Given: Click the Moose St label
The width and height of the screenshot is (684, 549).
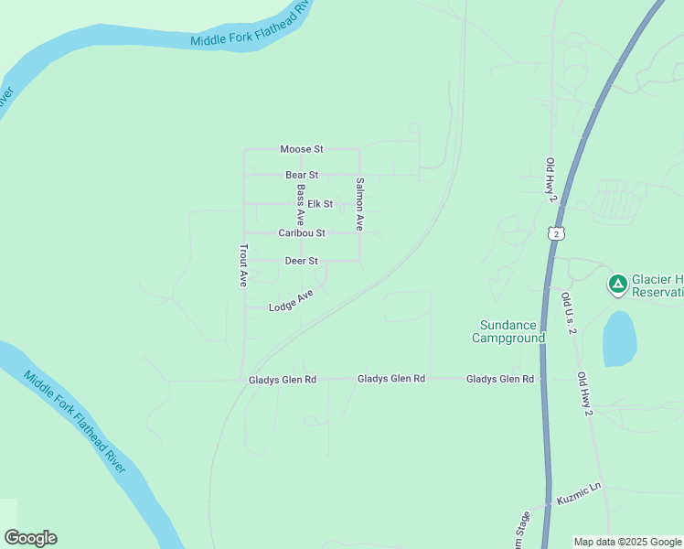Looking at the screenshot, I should [302, 148].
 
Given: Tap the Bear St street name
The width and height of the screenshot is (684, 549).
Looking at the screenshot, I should [302, 175].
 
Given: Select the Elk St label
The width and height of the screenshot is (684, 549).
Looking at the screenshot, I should [320, 204].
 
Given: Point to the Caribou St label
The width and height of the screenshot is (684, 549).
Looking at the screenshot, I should [302, 233].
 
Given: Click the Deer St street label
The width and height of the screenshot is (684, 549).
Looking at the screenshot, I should [301, 261].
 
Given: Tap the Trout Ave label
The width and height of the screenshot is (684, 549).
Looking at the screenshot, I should [244, 265].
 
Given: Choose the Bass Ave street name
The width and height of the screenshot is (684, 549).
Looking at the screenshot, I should [300, 205].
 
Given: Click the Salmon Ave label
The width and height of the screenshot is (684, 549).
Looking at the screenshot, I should [360, 203].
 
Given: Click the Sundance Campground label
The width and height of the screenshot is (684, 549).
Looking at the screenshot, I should [508, 331].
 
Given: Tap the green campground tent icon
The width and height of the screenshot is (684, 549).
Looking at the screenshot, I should [618, 284].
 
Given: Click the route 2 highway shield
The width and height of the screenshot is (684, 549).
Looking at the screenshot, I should [558, 234].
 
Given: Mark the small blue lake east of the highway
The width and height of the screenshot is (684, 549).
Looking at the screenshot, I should [619, 339].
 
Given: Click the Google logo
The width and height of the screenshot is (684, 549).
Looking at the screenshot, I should [30, 538].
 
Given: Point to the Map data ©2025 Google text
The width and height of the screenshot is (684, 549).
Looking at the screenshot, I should [626, 542].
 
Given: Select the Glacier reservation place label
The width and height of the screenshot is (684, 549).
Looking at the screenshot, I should [657, 285].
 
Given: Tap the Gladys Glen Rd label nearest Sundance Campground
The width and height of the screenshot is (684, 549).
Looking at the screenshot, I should [500, 378].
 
